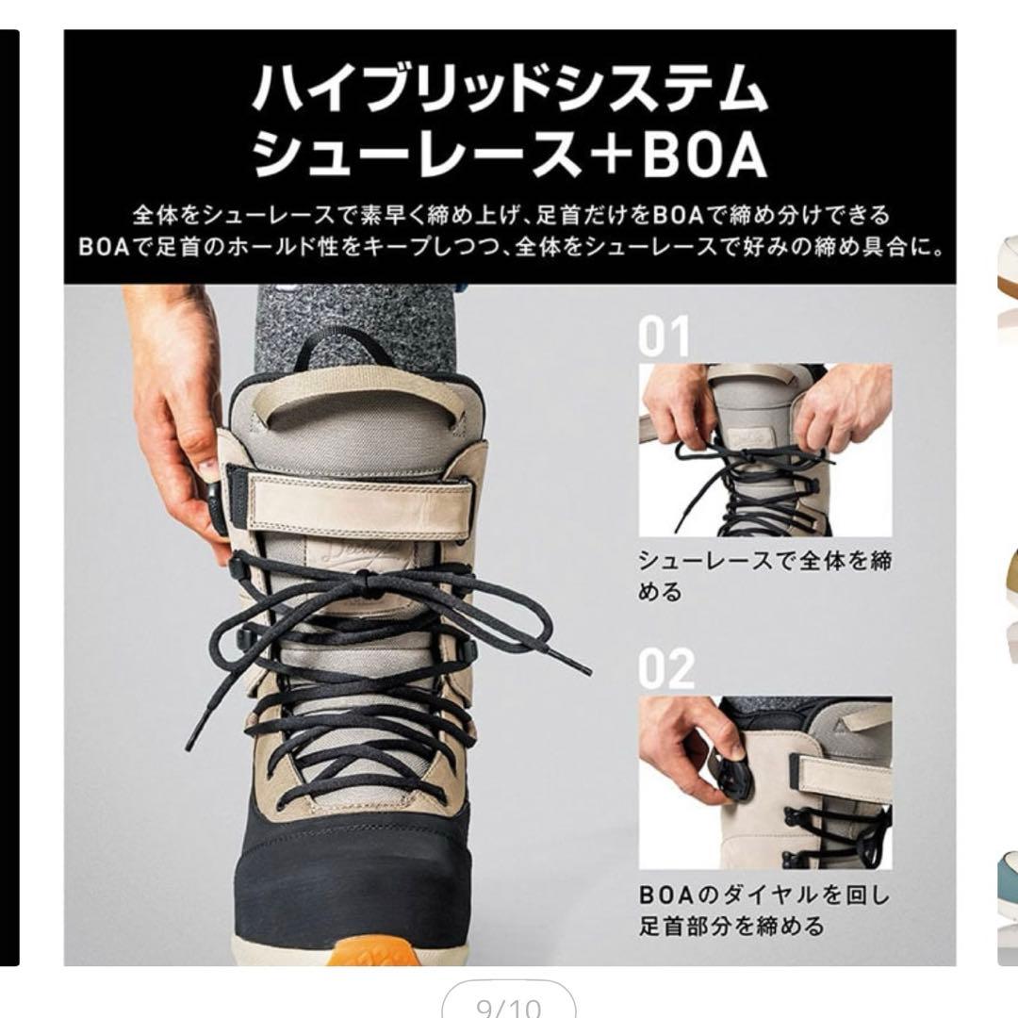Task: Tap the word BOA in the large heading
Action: pyautogui.click(x=704, y=156)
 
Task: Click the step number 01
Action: pyautogui.click(x=665, y=337)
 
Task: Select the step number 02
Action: pyautogui.click(x=666, y=668)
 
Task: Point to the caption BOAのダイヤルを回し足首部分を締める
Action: pyautogui.click(x=764, y=910)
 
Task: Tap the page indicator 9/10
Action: pyautogui.click(x=509, y=1007)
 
